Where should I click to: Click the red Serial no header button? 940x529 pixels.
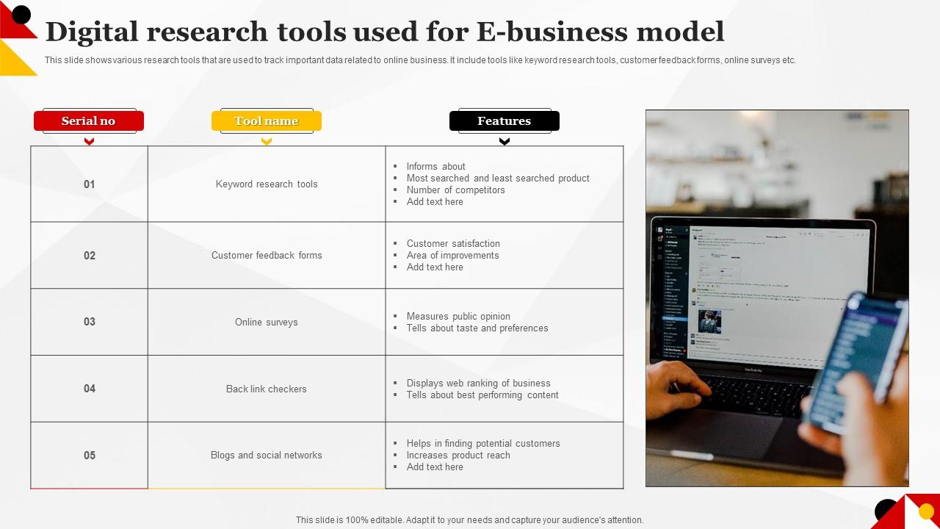[89, 121]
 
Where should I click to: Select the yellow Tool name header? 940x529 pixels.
[267, 121]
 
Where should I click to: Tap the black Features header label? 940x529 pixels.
[504, 121]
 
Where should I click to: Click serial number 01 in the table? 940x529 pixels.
[90, 184]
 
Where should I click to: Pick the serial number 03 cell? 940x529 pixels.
[90, 322]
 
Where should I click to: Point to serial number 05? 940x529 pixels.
[90, 456]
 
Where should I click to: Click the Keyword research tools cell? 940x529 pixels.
[267, 184]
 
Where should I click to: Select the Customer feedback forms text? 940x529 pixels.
[267, 256]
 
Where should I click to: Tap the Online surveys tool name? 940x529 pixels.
[267, 323]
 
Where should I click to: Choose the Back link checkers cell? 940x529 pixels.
[267, 389]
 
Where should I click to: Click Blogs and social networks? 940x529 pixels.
[267, 456]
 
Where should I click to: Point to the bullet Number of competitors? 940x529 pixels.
[455, 190]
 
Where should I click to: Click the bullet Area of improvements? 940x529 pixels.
[452, 256]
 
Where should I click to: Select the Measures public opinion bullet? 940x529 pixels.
[458, 317]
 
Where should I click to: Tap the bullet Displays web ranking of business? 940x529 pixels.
[478, 384]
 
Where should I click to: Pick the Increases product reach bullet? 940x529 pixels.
[458, 456]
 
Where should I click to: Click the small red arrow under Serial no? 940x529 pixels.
[89, 142]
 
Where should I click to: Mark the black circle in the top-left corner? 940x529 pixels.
[21, 14]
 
